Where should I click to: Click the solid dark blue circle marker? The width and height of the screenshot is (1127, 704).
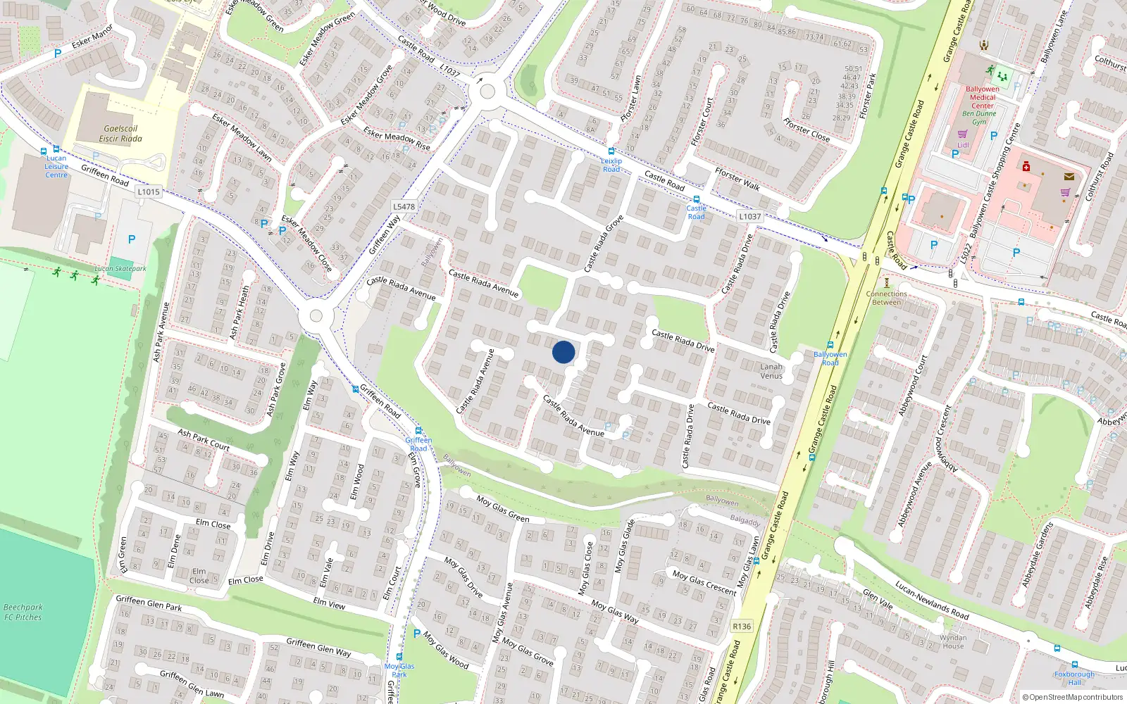click(x=563, y=352)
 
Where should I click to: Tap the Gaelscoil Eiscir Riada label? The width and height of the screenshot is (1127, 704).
click(x=120, y=134)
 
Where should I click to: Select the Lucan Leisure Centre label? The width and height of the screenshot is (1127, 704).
click(x=56, y=167)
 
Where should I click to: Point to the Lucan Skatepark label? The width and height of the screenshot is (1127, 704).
click(x=120, y=268)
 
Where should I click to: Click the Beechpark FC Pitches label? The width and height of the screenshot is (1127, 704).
click(x=23, y=612)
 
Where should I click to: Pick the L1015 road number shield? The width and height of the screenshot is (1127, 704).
click(x=149, y=191)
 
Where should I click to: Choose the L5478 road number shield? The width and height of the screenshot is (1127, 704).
click(x=404, y=206)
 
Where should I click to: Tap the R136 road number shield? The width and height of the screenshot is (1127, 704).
click(x=742, y=626)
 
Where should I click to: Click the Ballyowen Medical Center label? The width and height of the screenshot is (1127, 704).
click(x=983, y=97)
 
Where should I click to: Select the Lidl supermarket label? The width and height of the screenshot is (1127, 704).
click(x=963, y=145)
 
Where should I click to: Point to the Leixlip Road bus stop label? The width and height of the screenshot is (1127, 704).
click(x=611, y=165)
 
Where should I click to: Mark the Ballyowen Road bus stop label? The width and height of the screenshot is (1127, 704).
click(x=830, y=358)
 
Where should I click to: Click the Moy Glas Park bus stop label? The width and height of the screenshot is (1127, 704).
click(x=399, y=670)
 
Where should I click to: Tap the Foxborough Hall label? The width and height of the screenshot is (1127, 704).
click(x=1074, y=678)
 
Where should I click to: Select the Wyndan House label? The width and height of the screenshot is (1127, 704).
click(x=953, y=641)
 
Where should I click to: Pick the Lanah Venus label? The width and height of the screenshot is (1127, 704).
click(x=771, y=371)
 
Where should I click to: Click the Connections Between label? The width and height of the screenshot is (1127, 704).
click(x=886, y=298)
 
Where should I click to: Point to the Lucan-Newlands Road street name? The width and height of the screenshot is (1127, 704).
click(x=931, y=600)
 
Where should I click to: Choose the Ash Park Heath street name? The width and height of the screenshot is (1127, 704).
click(x=239, y=312)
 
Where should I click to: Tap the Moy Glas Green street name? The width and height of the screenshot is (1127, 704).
click(x=503, y=508)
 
